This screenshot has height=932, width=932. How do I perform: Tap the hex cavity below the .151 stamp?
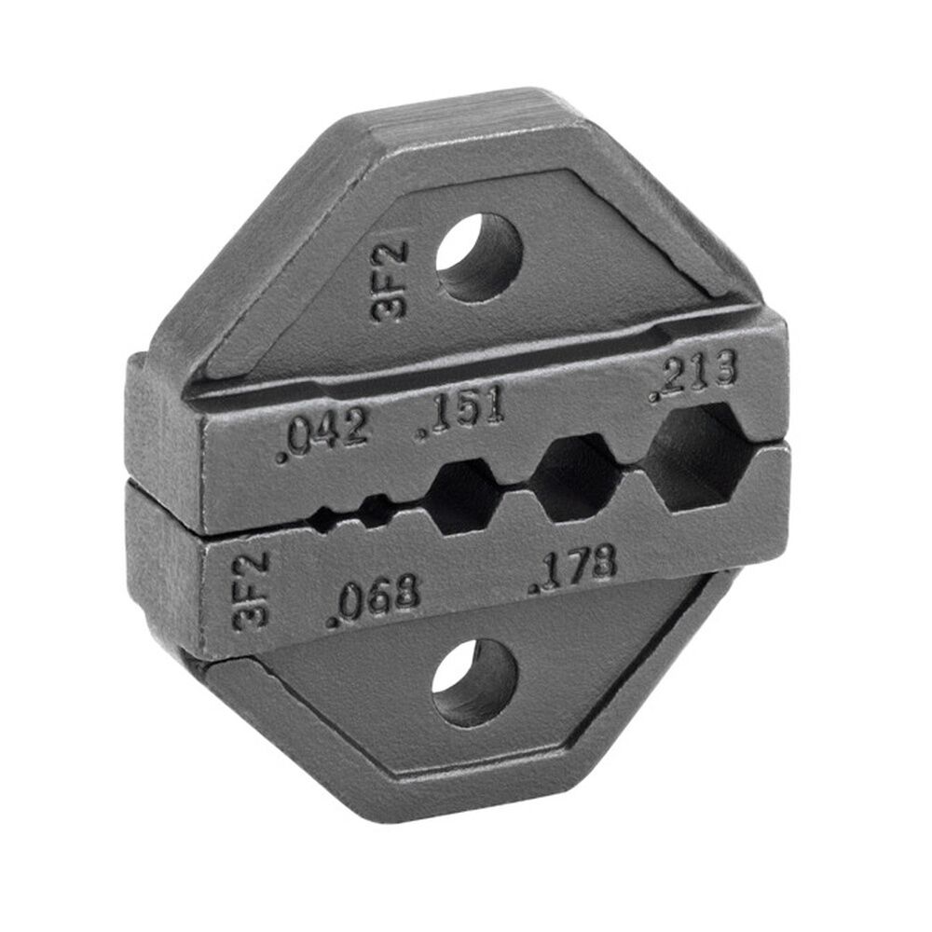coord(463,497)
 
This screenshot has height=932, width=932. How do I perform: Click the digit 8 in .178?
coord(602,562)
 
